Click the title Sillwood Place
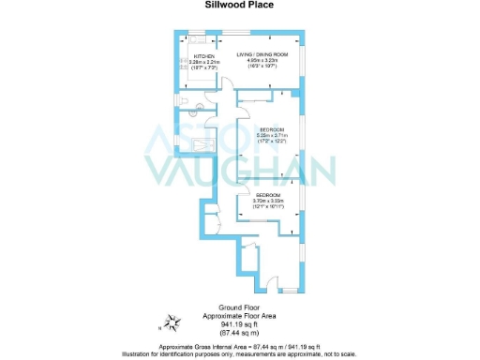click(239, 4)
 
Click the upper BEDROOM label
click(269, 128)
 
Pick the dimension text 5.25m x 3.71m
click(269, 135)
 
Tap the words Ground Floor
click(238, 307)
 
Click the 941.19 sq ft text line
click(238, 324)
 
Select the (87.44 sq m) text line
click(238, 333)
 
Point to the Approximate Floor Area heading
click(238, 316)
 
